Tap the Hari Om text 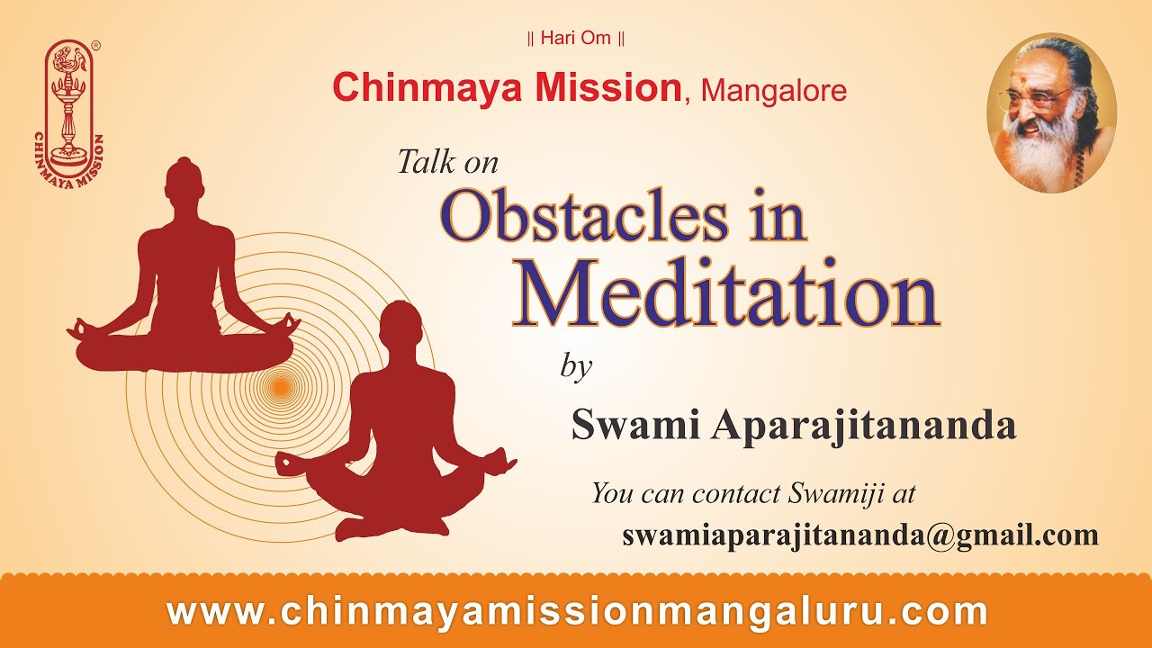[575, 39]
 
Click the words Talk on [447, 162]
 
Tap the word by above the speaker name [576, 367]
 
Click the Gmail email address [860, 535]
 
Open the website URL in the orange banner [577, 612]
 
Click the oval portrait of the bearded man [1051, 112]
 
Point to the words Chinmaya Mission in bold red [507, 87]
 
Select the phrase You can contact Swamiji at [752, 493]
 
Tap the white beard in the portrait [1044, 157]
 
